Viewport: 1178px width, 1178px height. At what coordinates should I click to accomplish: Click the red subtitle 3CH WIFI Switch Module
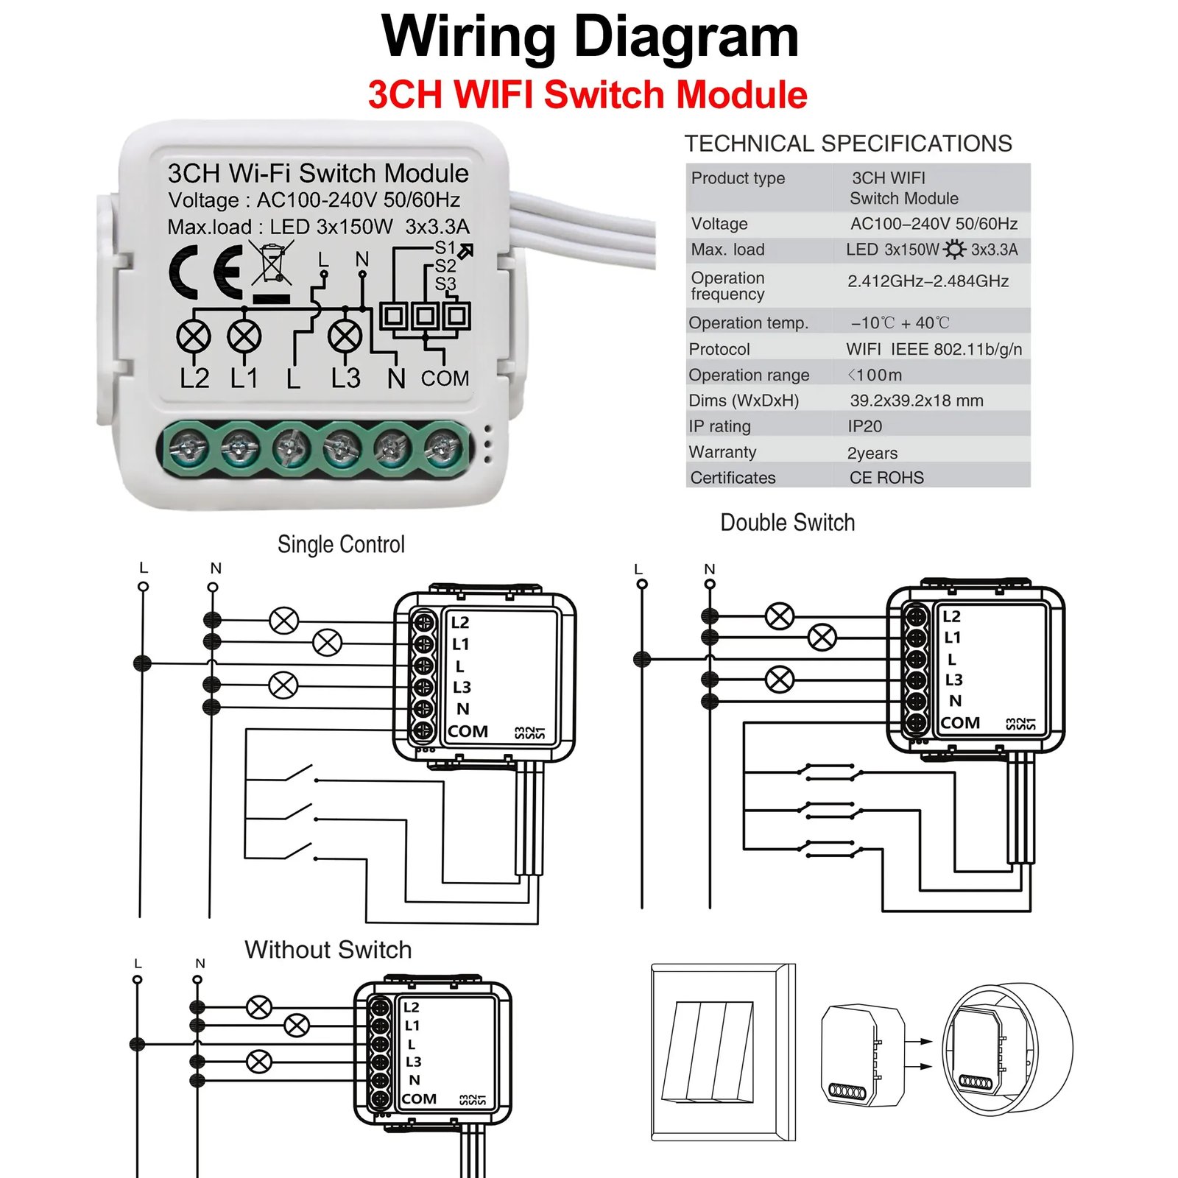588,95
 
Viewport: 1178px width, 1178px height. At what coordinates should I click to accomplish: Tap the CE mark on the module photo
205,272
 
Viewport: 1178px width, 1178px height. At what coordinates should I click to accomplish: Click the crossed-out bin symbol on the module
272,264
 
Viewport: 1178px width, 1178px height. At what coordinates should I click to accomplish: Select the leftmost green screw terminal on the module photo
189,447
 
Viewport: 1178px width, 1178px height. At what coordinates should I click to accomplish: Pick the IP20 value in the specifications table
864,426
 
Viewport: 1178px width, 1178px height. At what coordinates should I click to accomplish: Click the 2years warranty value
872,453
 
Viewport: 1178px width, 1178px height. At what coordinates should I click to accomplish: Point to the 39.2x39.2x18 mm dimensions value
916,401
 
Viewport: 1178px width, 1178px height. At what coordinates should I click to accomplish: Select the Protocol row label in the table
719,349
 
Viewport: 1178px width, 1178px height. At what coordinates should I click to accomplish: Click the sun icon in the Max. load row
954,250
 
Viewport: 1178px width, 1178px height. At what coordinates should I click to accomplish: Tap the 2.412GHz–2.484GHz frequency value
928,281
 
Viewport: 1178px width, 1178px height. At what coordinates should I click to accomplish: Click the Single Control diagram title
341,544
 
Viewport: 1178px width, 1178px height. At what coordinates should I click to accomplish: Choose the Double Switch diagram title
787,523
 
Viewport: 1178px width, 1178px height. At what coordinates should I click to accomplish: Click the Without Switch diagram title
328,950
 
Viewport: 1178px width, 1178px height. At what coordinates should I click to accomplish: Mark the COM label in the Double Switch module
959,723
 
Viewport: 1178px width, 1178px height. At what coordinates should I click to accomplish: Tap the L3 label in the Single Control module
462,687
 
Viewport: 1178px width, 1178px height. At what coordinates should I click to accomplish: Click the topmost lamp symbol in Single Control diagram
283,621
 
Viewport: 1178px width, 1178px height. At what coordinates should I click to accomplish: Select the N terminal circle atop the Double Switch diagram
710,584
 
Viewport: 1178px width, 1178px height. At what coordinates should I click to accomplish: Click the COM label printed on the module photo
445,378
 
